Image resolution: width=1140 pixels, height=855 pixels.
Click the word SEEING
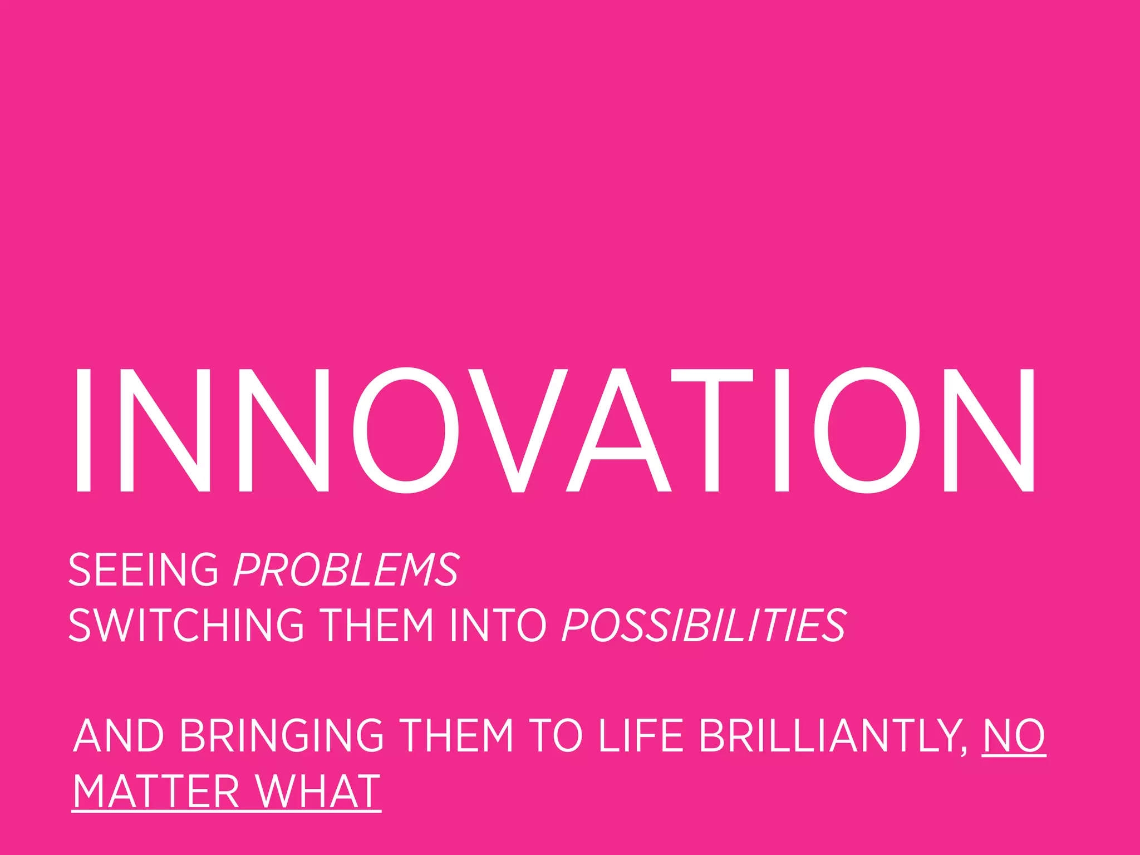pos(143,569)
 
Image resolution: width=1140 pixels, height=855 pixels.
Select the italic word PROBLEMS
pos(346,569)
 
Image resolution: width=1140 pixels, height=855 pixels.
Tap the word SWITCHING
pos(186,625)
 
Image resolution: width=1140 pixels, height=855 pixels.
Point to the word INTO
pos(498,625)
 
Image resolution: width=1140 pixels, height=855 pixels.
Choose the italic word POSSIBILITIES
pos(704,625)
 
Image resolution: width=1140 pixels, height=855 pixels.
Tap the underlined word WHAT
pos(318,791)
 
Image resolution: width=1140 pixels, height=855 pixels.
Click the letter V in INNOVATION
pos(518,430)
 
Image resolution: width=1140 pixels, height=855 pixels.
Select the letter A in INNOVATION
pos(618,430)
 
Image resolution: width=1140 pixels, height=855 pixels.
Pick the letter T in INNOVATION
pos(712,430)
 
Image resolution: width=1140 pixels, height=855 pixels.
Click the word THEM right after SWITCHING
pos(378,625)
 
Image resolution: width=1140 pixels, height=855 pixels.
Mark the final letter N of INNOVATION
pos(989,430)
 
